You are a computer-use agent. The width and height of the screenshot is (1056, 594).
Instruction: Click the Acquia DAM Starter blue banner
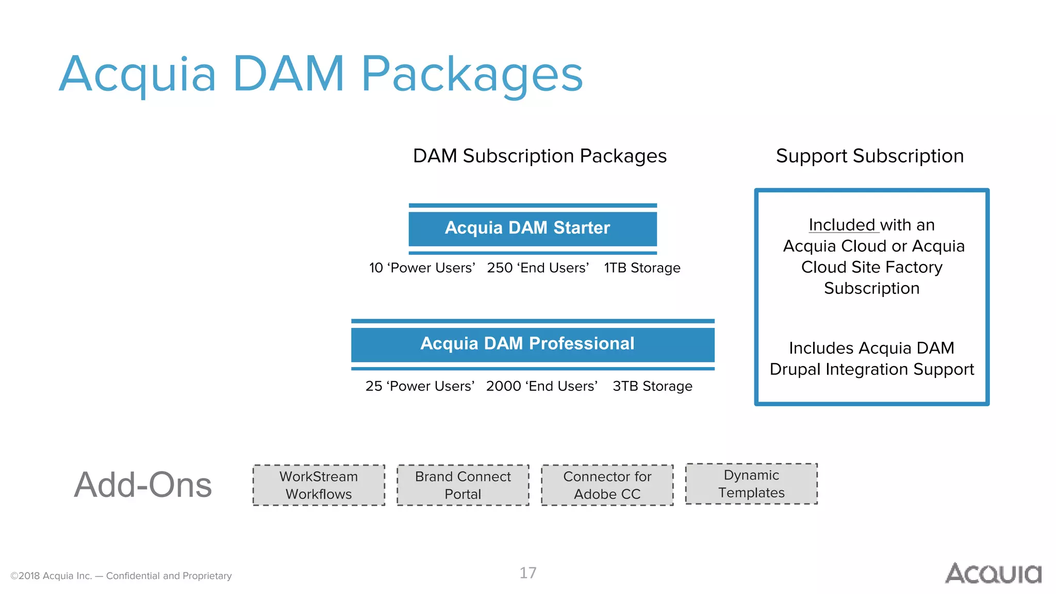tap(533, 228)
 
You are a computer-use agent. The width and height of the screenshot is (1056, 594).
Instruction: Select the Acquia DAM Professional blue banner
tap(533, 344)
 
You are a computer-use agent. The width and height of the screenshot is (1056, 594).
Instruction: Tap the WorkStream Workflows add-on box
tap(319, 485)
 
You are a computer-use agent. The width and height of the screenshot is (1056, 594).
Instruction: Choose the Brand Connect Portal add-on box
tap(463, 485)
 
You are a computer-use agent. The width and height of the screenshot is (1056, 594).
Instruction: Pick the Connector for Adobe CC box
tap(607, 485)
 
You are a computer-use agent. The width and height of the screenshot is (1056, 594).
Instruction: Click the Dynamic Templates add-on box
tap(751, 484)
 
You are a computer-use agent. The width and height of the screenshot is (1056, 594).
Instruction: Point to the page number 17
tap(528, 573)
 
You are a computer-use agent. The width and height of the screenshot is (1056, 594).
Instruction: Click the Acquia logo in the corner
tap(993, 573)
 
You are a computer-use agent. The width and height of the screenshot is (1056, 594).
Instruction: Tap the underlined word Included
tap(842, 225)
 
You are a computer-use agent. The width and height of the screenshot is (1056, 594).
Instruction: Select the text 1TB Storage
tap(642, 268)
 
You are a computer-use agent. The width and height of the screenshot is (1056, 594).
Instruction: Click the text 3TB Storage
tap(652, 386)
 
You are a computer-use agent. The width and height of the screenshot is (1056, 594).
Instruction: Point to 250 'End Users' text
tap(538, 268)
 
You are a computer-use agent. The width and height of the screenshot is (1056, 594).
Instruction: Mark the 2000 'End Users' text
tap(541, 386)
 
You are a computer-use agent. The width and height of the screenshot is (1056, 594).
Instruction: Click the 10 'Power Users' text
tap(422, 268)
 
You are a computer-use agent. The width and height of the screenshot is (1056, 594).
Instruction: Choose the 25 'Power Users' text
tap(420, 386)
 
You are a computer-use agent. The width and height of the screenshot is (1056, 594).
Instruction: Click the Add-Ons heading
tap(143, 485)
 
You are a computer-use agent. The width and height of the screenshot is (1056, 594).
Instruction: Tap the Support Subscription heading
tap(870, 156)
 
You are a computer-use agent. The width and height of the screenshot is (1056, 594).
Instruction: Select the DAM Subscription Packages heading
tap(540, 156)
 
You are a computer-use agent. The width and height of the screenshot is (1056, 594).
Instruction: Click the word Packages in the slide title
tap(472, 75)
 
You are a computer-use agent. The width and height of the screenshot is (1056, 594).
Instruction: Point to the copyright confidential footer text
tap(121, 576)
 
